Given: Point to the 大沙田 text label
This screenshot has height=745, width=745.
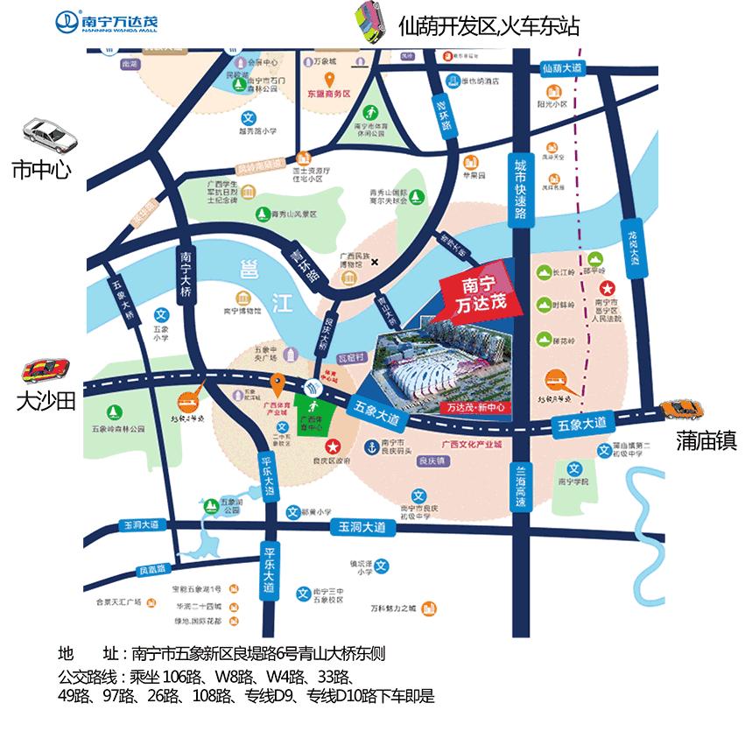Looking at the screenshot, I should coord(47,402).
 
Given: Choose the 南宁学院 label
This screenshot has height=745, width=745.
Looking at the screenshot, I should coord(574,481).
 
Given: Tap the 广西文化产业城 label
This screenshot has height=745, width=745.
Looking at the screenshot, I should coord(473,444).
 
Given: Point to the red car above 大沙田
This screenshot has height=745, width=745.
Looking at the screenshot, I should coord(46,371).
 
